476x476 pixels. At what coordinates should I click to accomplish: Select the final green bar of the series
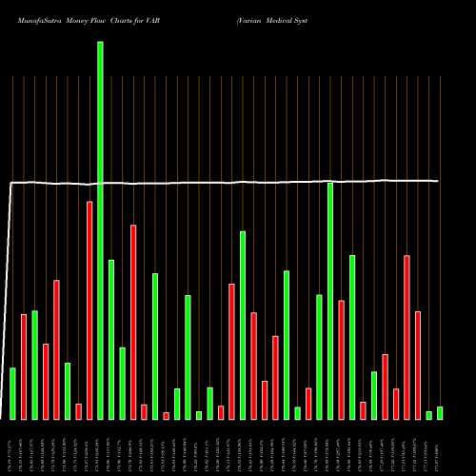(440, 413)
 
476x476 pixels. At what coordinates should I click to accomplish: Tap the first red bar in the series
(24, 367)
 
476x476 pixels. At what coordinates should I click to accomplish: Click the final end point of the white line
(439, 181)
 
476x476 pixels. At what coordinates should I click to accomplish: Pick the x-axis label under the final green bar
(440, 447)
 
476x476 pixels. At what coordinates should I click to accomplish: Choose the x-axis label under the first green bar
(12, 447)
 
